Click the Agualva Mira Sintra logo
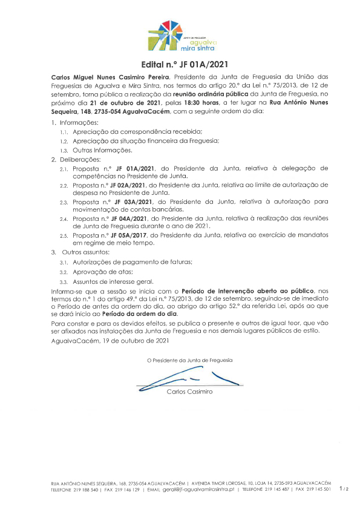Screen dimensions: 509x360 (x=181, y=36)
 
